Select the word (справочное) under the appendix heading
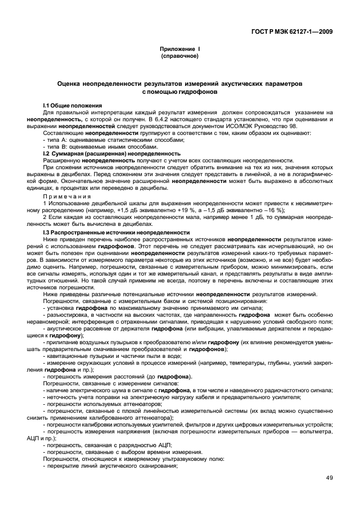(180, 57)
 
